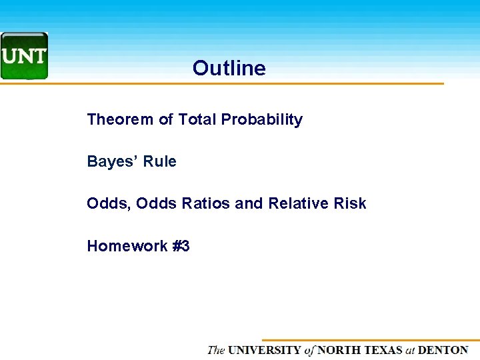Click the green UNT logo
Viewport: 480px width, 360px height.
pyautogui.click(x=24, y=56)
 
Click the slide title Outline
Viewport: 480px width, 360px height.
pyautogui.click(x=229, y=68)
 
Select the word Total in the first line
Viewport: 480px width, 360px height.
pyautogui.click(x=197, y=120)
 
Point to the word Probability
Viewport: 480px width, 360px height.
pyautogui.click(x=262, y=121)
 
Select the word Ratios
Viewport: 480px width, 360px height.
pyautogui.click(x=201, y=204)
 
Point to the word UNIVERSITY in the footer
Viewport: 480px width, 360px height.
pyautogui.click(x=265, y=350)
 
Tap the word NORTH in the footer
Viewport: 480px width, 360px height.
pyautogui.click(x=339, y=350)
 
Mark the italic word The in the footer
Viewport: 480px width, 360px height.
pyautogui.click(x=216, y=350)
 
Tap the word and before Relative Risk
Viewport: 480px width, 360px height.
pyautogui.click(x=249, y=204)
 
